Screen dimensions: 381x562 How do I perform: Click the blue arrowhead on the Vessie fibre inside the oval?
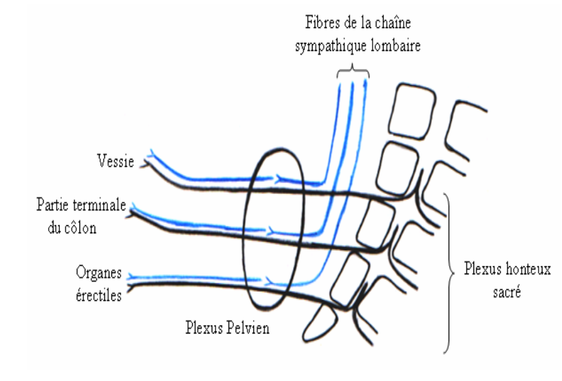pyautogui.click(x=279, y=177)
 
